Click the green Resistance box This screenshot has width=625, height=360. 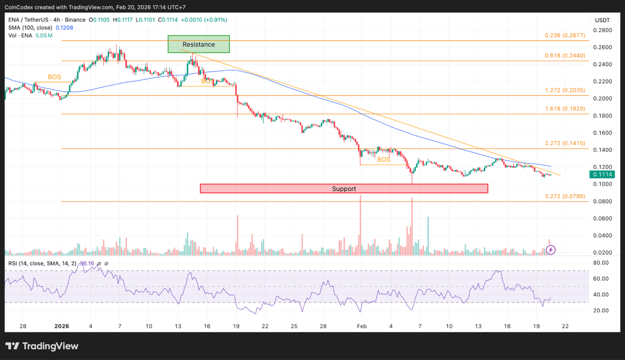pos(199,44)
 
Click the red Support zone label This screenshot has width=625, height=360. pos(344,189)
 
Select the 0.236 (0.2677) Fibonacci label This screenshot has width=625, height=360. pos(565,35)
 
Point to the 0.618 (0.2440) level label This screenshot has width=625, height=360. pos(565,55)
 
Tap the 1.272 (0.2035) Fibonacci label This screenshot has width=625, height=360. pos(565,90)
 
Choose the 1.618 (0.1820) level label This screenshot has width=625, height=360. pos(565,108)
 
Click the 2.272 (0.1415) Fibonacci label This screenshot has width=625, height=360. pos(565,143)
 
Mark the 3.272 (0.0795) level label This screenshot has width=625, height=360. pos(565,196)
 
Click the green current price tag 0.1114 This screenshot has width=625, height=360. pos(602,174)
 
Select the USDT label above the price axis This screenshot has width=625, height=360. pos(602,20)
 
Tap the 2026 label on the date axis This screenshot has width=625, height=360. pos(61,326)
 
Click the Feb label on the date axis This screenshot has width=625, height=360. pos(361,326)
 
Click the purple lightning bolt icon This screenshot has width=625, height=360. pos(551,250)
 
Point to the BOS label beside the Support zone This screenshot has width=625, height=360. pos(384,160)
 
